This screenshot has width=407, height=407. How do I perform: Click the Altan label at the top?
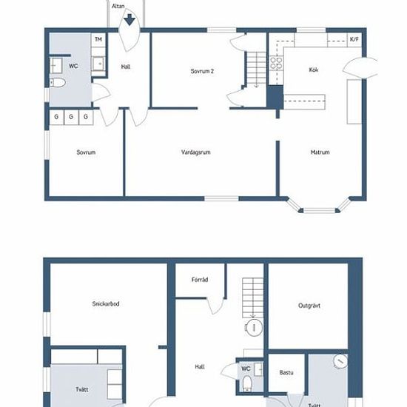pos(118,6)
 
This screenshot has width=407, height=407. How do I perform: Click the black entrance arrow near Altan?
pos(129,20)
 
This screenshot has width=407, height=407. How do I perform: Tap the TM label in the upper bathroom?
pos(98,39)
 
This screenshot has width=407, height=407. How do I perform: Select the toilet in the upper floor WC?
pos(58,83)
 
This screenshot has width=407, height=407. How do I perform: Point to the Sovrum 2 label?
pos(202,71)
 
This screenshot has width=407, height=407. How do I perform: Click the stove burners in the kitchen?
pos(276,63)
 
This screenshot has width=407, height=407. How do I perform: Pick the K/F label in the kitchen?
pos(354,39)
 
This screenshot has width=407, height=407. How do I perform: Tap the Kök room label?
pos(314,70)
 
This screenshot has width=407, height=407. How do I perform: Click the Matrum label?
pos(320,152)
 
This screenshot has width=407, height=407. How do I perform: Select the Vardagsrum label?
pos(195,152)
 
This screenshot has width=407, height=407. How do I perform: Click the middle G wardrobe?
pos(71,118)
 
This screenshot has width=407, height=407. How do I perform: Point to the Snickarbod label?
pos(106,303)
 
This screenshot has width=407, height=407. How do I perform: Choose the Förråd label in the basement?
pos(200,280)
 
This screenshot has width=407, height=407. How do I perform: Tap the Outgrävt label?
pos(309,306)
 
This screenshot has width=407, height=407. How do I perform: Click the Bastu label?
pos(286,372)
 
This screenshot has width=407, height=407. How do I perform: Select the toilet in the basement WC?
pos(247,383)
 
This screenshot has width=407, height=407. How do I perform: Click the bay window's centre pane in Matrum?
pos(319,210)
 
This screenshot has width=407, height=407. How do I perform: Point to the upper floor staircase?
pos(256,70)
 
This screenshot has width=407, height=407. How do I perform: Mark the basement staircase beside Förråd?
pos(253,297)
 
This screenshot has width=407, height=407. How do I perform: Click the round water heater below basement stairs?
pos(254,328)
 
